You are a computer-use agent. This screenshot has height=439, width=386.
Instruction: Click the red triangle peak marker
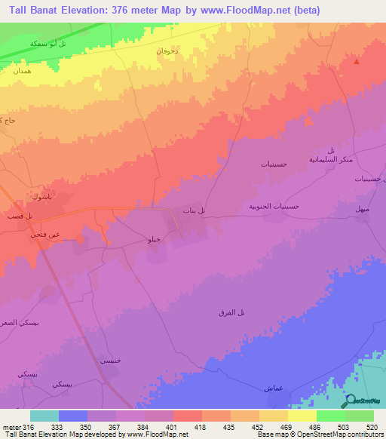coord(357,63)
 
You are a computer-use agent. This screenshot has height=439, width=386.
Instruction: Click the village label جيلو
coord(152,239)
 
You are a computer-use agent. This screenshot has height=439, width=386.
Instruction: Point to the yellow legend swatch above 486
coord(302,416)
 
